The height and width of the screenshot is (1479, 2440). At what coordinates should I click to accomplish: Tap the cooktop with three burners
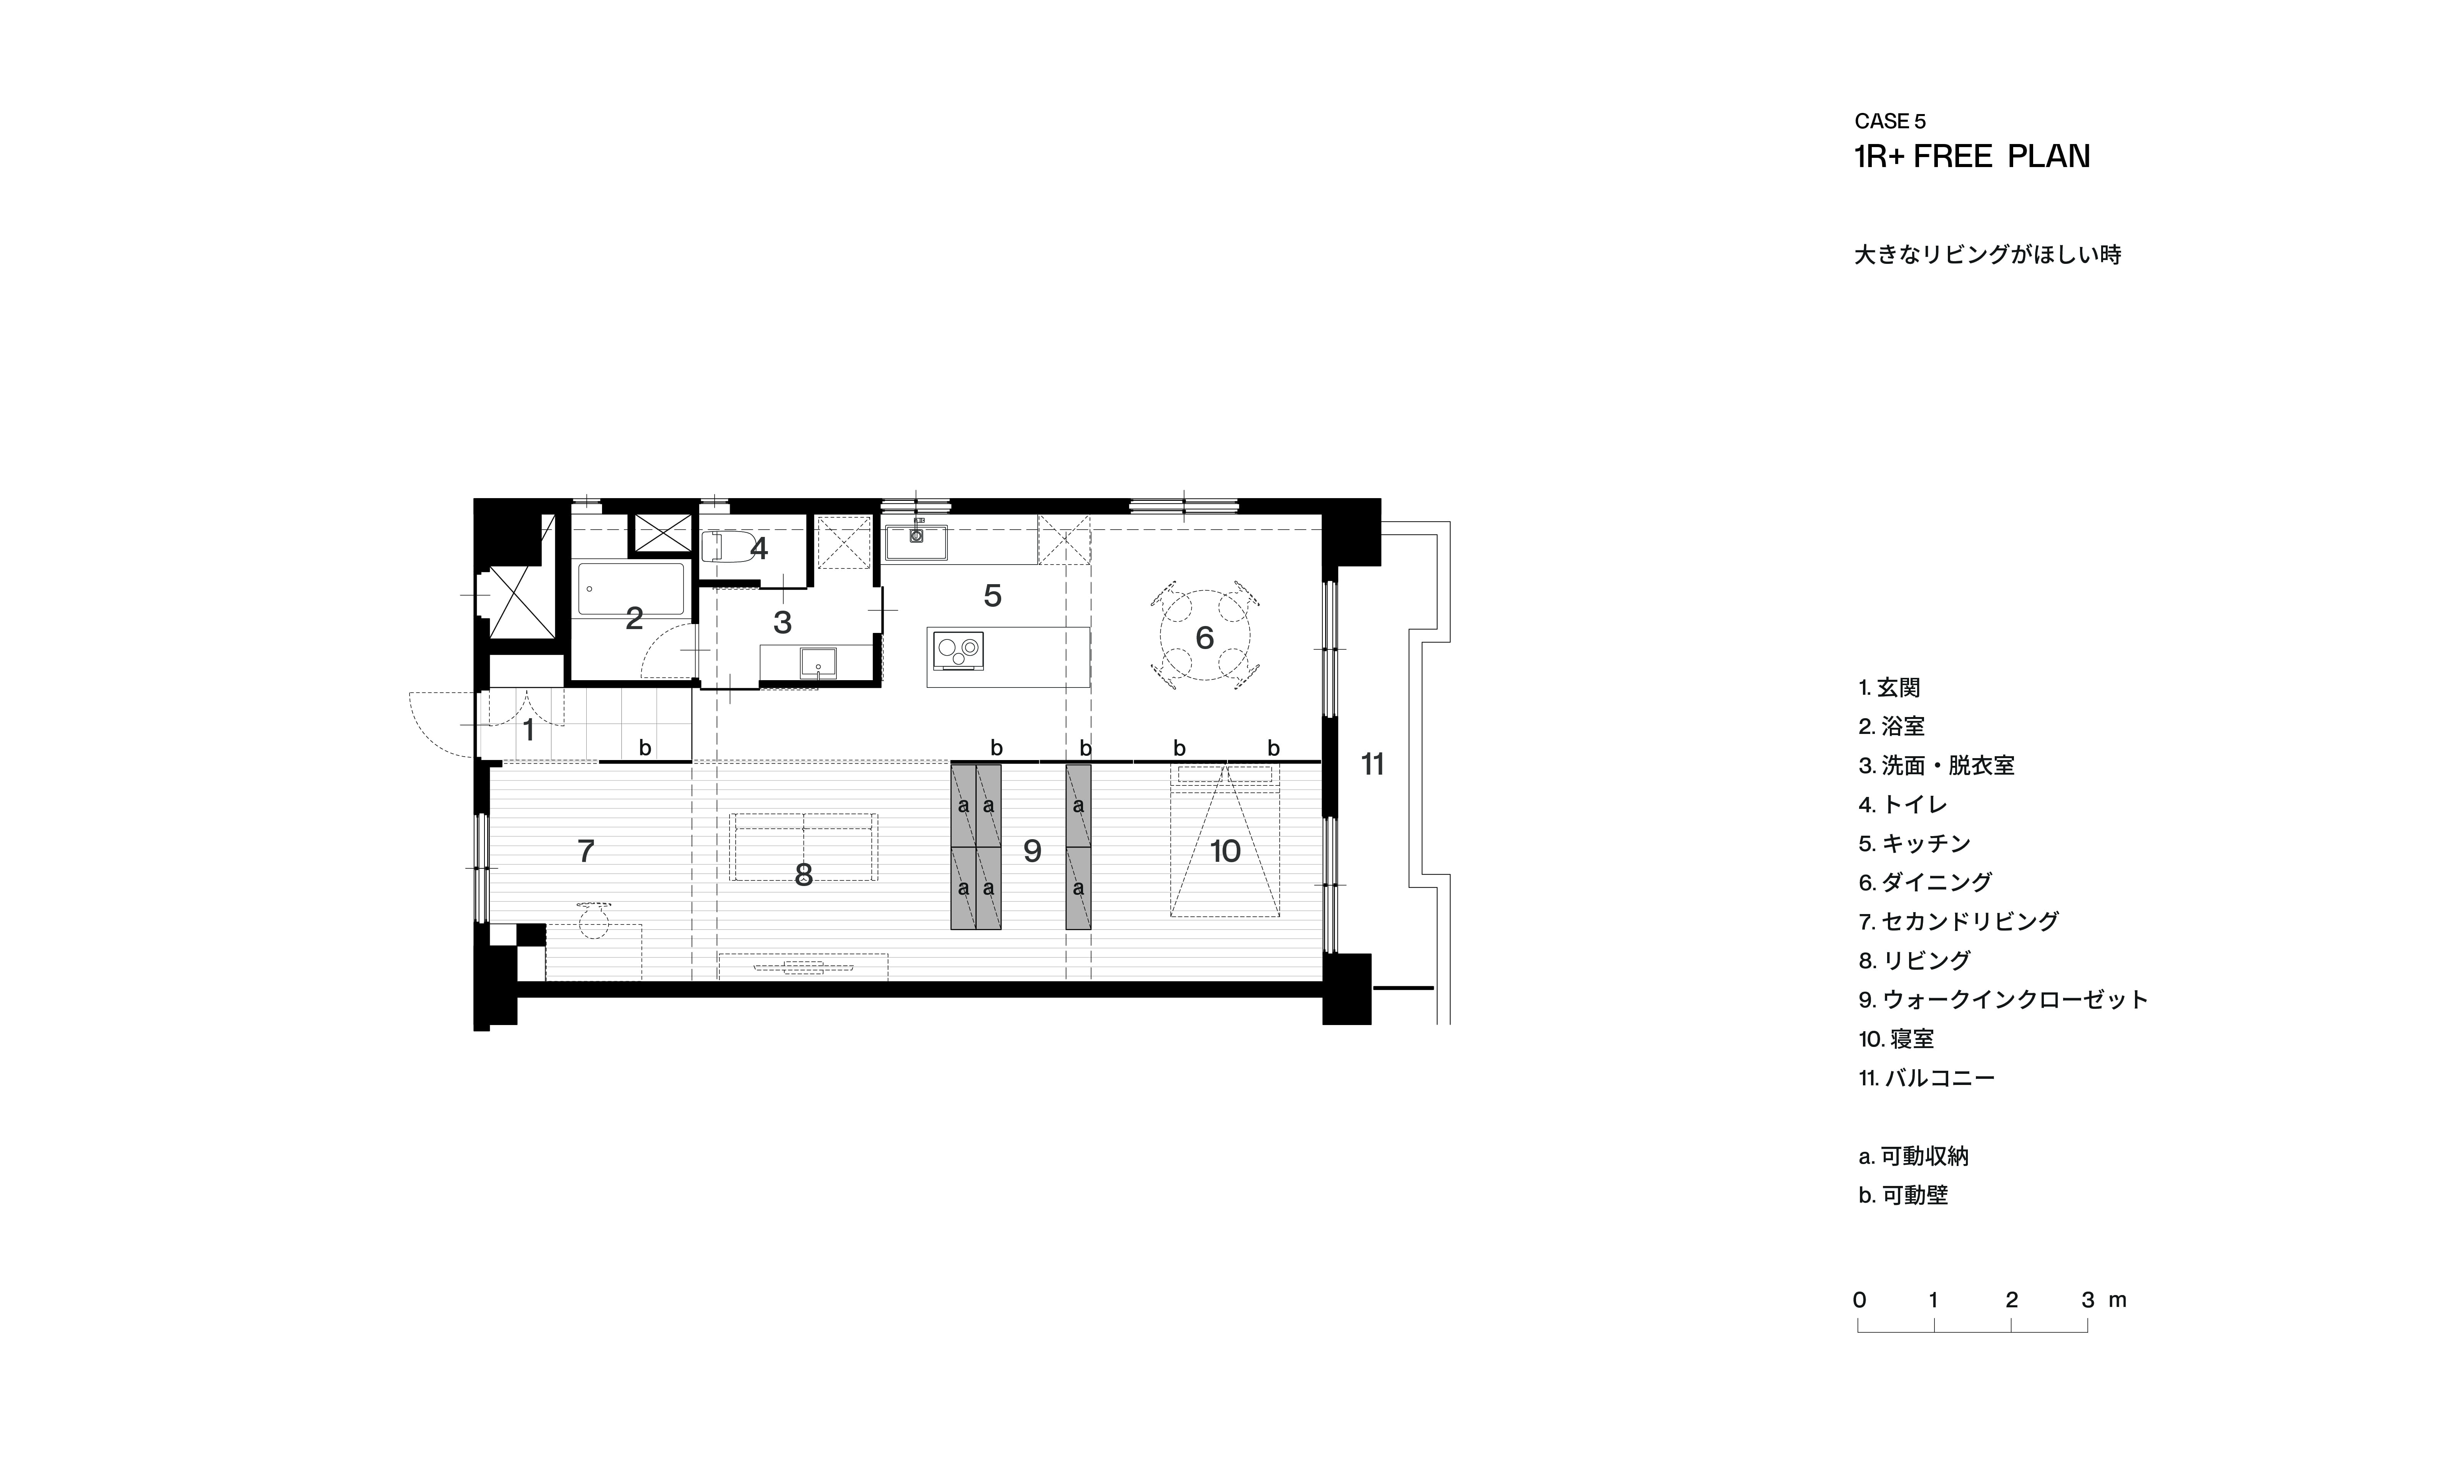pos(957,651)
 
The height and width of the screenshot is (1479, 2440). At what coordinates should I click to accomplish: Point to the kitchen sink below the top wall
pos(916,542)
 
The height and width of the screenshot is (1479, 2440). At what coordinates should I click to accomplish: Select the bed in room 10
pos(1225,841)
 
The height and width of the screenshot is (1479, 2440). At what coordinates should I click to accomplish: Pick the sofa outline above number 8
pos(803,846)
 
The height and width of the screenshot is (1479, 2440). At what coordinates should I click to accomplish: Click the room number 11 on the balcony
pos(1372,764)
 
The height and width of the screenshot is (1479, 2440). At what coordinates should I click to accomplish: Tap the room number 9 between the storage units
pos(1032,850)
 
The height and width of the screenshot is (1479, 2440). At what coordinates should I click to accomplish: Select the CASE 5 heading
pos(1889,122)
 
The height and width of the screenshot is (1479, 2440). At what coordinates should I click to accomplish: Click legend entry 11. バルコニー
pos(1926,1078)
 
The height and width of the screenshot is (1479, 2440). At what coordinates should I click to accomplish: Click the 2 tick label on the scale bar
pos(2011,1300)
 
